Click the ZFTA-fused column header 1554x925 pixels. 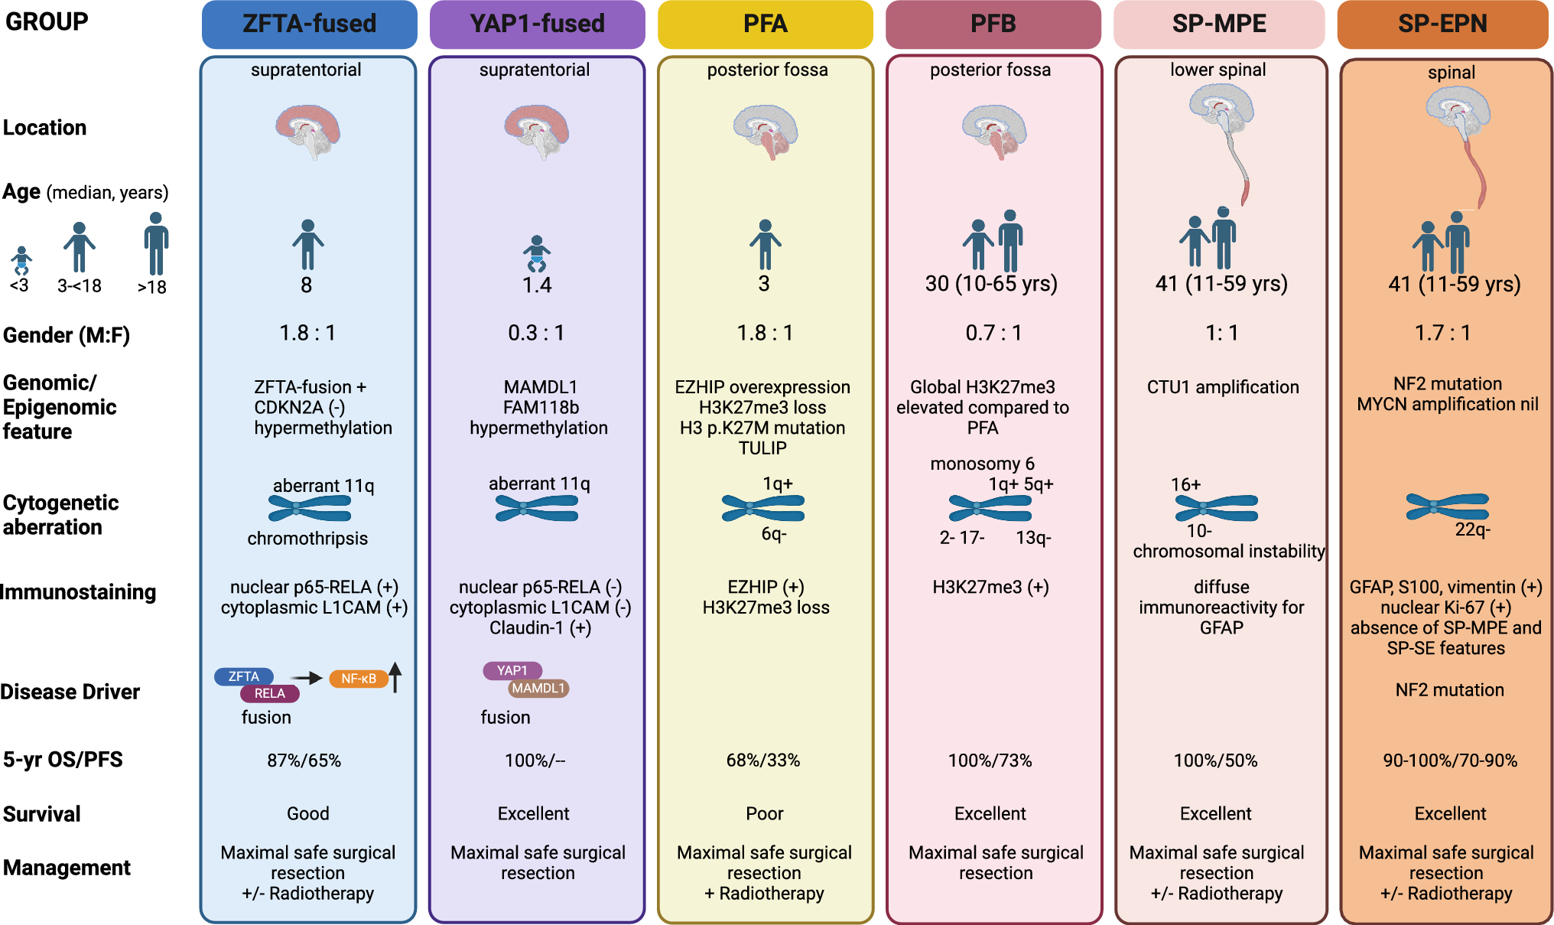pyautogui.click(x=309, y=24)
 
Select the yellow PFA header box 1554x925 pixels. pyautogui.click(x=765, y=24)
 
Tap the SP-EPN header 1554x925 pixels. pyautogui.click(x=1442, y=24)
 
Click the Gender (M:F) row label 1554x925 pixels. pyautogui.click(x=67, y=335)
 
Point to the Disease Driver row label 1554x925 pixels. pyautogui.click(x=70, y=692)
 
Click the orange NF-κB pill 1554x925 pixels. pyautogui.click(x=358, y=679)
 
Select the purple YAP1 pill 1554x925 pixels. pyautogui.click(x=512, y=670)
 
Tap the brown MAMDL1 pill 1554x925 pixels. pyautogui.click(x=538, y=689)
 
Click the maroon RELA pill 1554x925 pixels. pyautogui.click(x=269, y=693)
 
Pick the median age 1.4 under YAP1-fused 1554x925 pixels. pyautogui.click(x=537, y=285)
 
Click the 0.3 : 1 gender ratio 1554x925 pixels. pyautogui.click(x=536, y=333)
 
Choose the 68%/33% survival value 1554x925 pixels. pyautogui.click(x=762, y=761)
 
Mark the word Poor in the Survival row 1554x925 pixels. pyautogui.click(x=764, y=813)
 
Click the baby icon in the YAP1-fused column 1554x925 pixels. pyautogui.click(x=537, y=254)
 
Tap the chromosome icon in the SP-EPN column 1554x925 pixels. pyautogui.click(x=1447, y=506)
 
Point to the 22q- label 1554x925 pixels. pyautogui.click(x=1472, y=529)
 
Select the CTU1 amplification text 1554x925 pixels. pyautogui.click(x=1222, y=387)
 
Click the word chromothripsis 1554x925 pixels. pyautogui.click(x=307, y=539)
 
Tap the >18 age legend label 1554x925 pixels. pyautogui.click(x=151, y=288)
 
